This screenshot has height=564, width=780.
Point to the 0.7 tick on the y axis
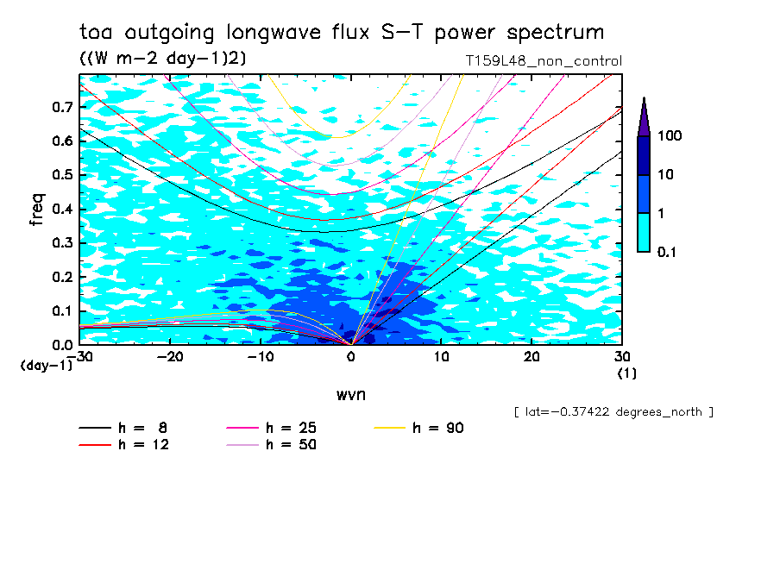(x=61, y=107)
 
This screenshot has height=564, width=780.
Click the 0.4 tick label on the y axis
(x=61, y=210)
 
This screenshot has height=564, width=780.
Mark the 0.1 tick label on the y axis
(x=61, y=311)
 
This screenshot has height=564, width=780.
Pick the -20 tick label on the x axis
(x=170, y=356)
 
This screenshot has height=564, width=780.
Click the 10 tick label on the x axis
(x=442, y=356)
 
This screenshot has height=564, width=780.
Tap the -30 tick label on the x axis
(x=79, y=356)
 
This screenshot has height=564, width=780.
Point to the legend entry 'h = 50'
(x=290, y=445)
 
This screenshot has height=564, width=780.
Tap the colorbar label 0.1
(x=666, y=252)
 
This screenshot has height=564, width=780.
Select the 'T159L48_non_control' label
(x=543, y=61)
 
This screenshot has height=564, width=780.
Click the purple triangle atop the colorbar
(x=644, y=116)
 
